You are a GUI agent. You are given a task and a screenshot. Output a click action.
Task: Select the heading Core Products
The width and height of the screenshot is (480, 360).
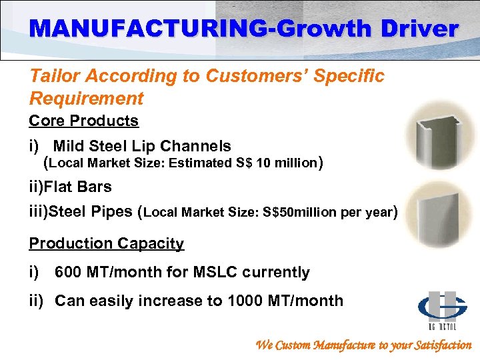click(x=83, y=121)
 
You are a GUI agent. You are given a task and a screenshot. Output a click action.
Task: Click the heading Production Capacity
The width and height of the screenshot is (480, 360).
click(x=106, y=243)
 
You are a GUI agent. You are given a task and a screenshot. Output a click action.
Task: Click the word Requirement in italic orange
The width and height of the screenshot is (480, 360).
click(x=86, y=99)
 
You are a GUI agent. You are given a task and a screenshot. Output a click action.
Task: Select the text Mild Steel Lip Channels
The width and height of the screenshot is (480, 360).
click(x=142, y=146)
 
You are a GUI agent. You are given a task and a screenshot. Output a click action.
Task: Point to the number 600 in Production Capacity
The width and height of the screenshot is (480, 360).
click(x=68, y=272)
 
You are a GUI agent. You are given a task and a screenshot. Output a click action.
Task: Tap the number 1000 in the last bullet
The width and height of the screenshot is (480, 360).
click(x=247, y=301)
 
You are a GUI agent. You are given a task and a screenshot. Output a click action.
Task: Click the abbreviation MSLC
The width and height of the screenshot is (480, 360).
click(x=220, y=272)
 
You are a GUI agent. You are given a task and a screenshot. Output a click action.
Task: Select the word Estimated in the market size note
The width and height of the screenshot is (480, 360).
click(x=199, y=163)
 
